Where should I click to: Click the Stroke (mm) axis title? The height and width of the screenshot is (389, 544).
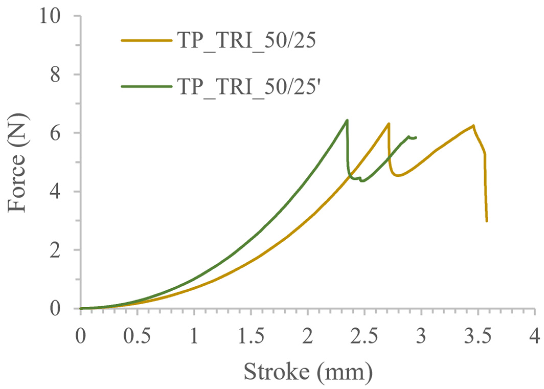tap(308, 372)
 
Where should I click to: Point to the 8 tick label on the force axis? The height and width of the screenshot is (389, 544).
tap(55, 75)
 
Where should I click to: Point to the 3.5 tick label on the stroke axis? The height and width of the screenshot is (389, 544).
tap(478, 336)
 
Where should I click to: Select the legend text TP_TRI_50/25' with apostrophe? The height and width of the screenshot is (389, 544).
tap(249, 86)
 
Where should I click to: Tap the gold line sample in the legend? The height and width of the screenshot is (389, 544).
tap(146, 40)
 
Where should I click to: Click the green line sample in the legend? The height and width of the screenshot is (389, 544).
tap(146, 86)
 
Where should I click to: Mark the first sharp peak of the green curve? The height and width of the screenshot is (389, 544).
tap(347, 120)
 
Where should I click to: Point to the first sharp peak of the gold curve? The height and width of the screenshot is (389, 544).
tap(389, 123)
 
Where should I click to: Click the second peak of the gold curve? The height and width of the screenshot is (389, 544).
tap(473, 125)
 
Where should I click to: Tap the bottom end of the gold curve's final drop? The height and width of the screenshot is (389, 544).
tap(487, 221)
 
